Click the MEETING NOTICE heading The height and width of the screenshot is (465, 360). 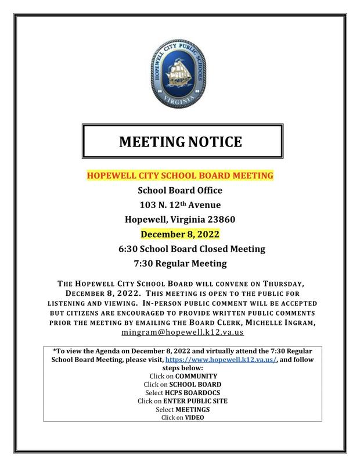180,141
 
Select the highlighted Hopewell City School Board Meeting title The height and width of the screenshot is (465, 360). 180,175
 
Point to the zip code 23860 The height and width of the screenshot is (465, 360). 219,219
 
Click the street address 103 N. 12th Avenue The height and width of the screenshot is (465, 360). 179,204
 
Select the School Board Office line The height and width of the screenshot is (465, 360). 179,189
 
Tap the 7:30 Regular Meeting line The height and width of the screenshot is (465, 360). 179,263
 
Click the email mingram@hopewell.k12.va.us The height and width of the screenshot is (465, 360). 182,331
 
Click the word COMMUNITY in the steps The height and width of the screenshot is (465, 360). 192,376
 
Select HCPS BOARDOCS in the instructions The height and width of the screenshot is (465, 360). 190,392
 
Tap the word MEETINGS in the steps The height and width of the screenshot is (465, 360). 190,409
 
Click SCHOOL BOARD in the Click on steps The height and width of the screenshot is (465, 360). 192,384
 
